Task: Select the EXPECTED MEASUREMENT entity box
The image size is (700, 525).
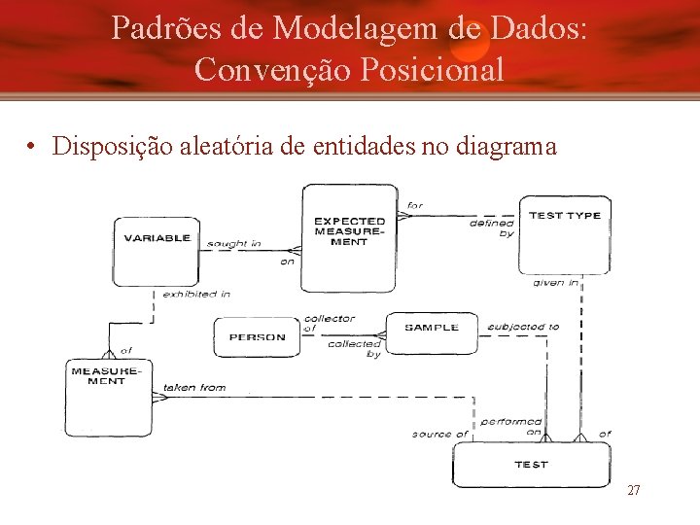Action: click(349, 236)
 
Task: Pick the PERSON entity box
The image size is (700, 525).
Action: click(257, 337)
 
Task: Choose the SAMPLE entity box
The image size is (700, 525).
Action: click(432, 329)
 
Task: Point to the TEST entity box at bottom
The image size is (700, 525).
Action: click(531, 465)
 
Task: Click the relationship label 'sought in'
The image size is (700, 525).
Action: click(234, 243)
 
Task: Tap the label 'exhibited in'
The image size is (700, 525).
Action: click(196, 294)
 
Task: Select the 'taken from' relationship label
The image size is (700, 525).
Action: click(194, 387)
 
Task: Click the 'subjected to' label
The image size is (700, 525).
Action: click(523, 327)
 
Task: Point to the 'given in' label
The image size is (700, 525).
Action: click(556, 283)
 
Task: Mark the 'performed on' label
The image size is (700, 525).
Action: click(511, 427)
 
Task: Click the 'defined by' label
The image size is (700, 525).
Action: click(494, 228)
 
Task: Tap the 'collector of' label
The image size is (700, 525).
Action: click(329, 323)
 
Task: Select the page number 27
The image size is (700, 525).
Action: click(633, 491)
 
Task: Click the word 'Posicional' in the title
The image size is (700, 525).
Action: click(426, 69)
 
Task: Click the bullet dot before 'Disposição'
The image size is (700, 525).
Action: click(32, 148)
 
